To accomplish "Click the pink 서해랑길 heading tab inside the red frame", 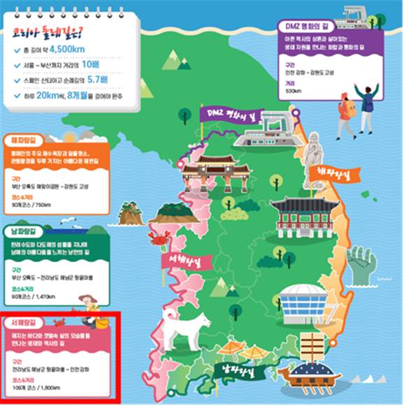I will point(24,323).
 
